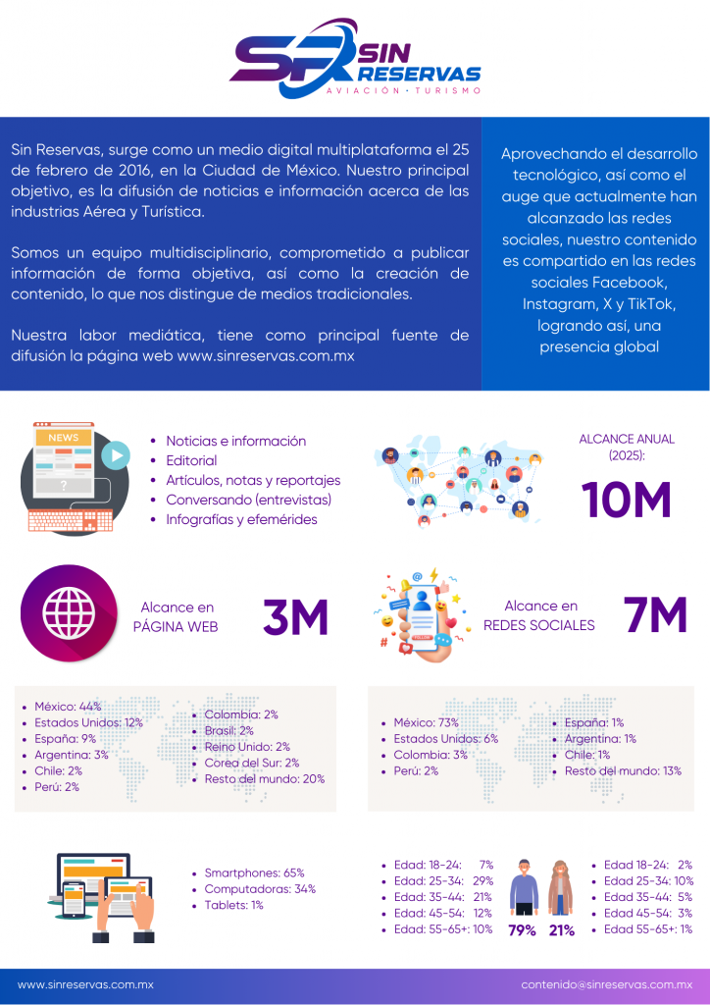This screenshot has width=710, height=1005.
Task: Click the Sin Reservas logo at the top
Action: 355,61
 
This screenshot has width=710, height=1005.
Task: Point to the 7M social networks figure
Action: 655,615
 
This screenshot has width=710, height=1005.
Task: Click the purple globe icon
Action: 68,612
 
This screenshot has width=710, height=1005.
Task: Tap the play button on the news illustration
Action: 115,454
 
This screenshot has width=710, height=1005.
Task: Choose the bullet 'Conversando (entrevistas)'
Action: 248,500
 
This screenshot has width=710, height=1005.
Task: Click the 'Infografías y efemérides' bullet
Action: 241,519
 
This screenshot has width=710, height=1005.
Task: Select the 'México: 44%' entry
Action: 68,707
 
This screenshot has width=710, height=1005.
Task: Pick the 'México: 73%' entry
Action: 427,722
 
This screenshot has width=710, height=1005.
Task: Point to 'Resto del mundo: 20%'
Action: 264,778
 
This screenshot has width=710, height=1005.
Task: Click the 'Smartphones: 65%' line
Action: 254,873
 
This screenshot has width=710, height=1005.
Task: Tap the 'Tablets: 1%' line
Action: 233,905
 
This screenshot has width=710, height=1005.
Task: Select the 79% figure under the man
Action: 522,930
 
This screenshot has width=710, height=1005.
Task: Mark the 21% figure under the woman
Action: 562,930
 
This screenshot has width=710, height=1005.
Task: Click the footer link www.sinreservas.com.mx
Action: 85,984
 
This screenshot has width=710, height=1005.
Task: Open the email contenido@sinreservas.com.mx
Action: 606,984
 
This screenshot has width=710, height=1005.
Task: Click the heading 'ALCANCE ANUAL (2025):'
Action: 627,447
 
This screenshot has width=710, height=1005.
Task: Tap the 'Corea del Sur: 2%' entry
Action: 251,763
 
